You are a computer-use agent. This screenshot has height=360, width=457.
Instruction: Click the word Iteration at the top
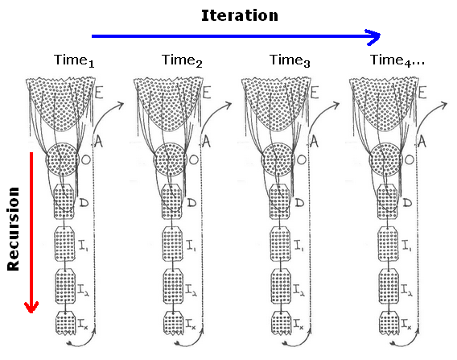(240, 15)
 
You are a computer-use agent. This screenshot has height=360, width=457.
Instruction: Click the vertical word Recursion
(13, 229)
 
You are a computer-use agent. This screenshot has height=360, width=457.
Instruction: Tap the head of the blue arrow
(373, 36)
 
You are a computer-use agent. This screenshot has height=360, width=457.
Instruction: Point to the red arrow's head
(31, 306)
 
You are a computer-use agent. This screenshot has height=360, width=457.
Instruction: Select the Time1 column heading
(74, 60)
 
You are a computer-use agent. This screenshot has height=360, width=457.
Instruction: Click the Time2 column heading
(182, 60)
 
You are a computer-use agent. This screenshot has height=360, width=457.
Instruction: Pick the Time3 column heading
(290, 60)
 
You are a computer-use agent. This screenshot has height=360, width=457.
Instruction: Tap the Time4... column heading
(397, 60)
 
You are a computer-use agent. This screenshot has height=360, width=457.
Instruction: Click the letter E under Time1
(99, 93)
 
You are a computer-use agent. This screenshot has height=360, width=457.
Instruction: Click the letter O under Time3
(302, 159)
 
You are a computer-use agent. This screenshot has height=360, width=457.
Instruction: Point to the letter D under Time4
(407, 202)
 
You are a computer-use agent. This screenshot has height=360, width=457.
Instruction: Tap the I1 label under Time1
(84, 246)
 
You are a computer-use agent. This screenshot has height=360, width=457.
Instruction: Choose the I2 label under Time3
(299, 290)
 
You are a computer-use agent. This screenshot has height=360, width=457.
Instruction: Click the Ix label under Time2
(191, 323)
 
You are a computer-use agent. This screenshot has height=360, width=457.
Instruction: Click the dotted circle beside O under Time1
(63, 159)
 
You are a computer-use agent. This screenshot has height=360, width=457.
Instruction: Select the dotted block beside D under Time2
(172, 201)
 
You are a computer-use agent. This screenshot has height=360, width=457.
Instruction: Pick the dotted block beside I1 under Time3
(280, 244)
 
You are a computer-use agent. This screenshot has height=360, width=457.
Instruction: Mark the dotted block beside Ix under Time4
(389, 323)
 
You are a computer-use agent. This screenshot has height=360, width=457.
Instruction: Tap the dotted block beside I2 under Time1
(65, 286)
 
